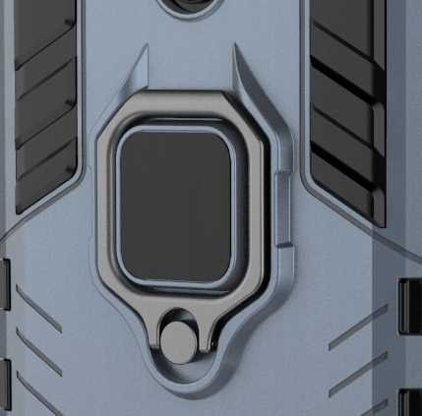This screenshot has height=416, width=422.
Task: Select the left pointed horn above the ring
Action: click(x=144, y=67)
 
